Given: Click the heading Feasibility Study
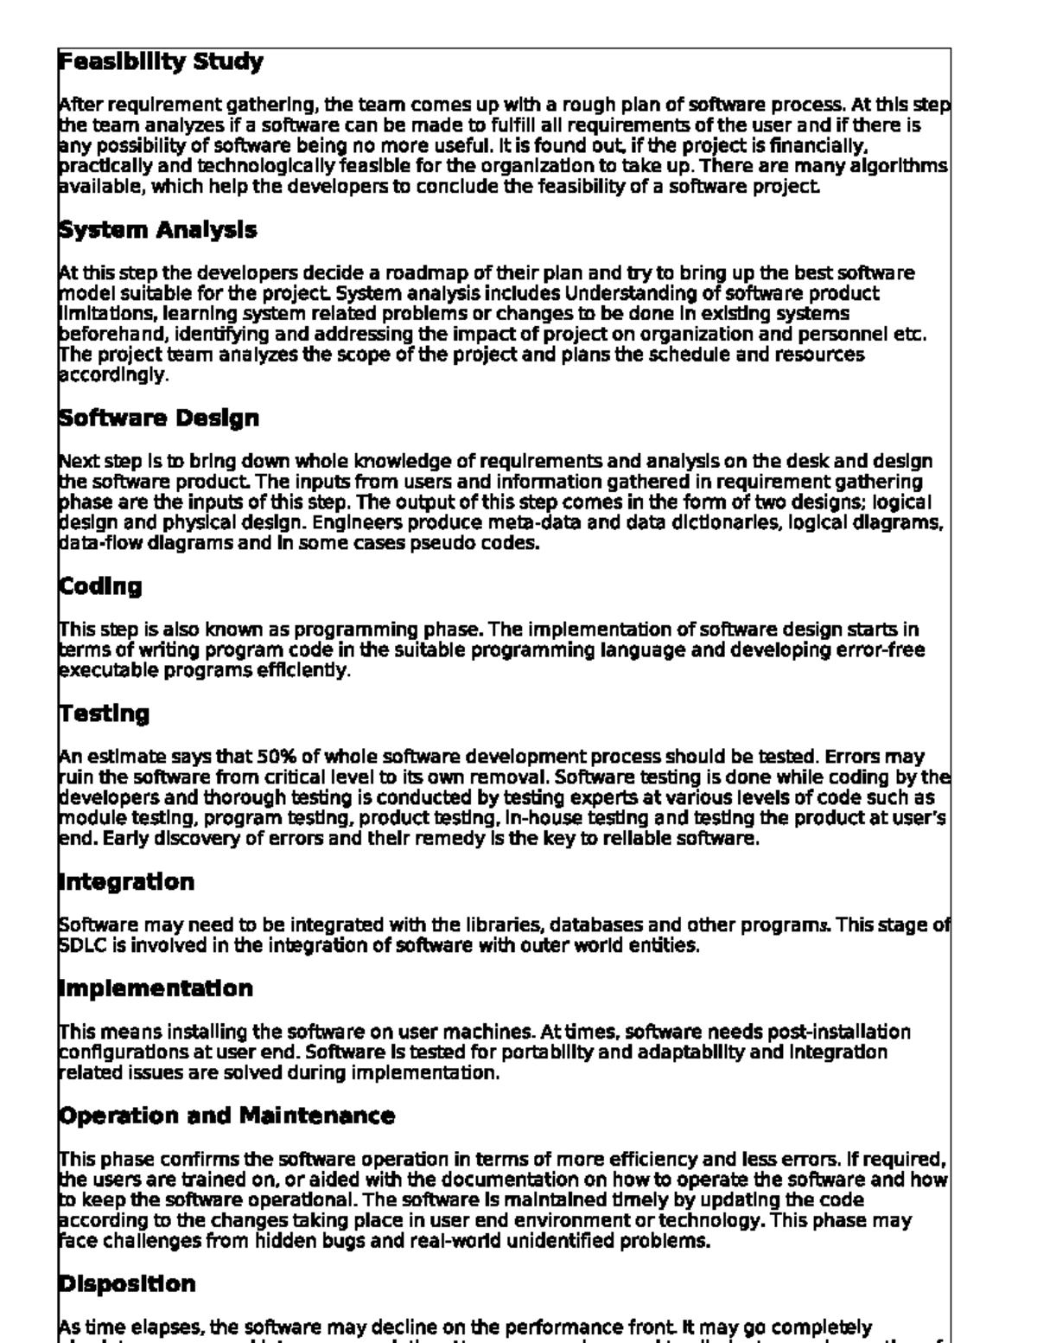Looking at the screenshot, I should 161,62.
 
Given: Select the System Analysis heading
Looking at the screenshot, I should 157,230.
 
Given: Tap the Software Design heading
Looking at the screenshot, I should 159,419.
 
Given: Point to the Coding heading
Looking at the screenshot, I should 100,586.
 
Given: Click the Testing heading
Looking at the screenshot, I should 104,714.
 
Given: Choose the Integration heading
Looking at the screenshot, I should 126,883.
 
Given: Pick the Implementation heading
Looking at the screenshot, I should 156,988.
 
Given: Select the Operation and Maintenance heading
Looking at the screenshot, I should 226,1116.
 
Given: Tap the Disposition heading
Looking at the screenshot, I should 126,1284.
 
